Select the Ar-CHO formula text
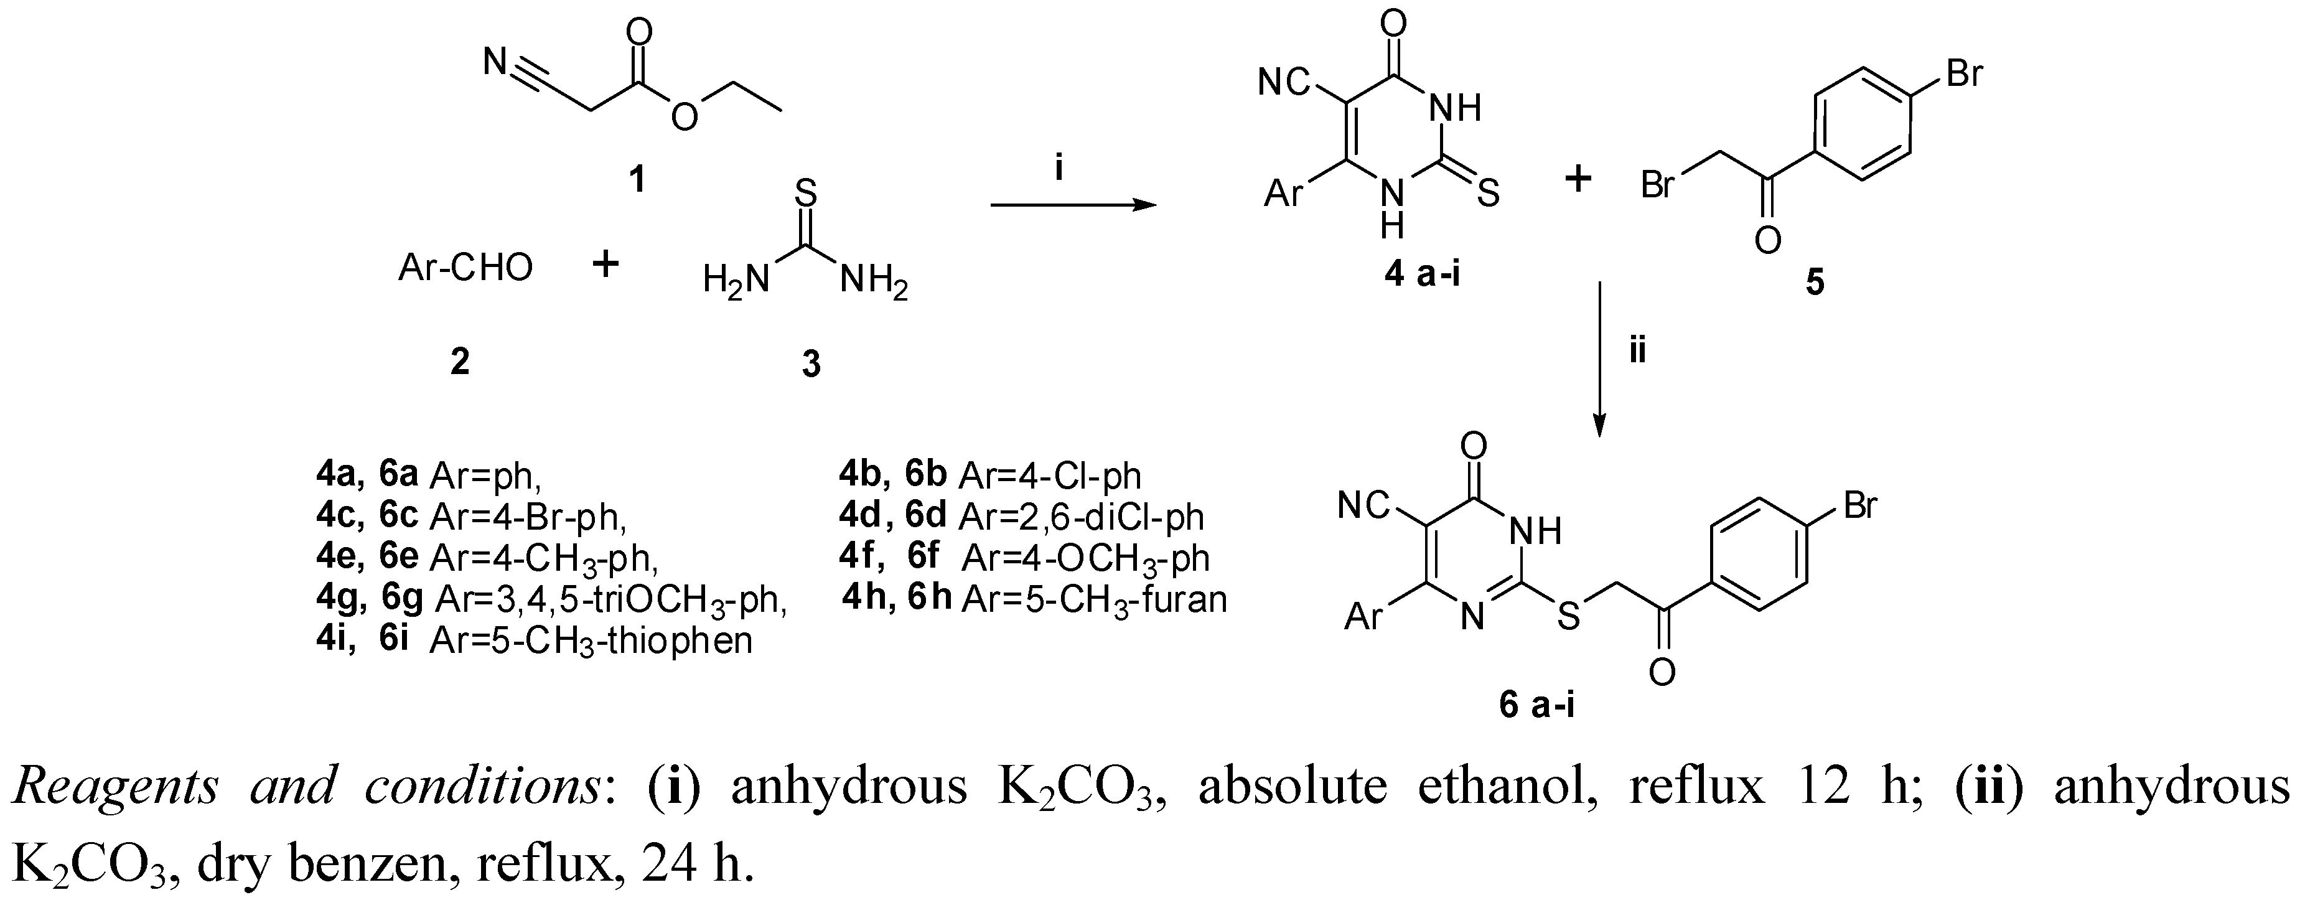click(465, 266)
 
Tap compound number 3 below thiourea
click(811, 364)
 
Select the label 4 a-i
click(1422, 274)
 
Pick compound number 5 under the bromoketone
click(1815, 283)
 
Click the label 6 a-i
click(1537, 706)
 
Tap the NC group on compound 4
click(1284, 83)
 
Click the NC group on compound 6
click(1363, 507)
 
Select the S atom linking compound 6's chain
click(1568, 616)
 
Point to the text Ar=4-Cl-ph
click(1050, 476)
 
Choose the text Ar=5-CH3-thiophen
click(591, 642)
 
